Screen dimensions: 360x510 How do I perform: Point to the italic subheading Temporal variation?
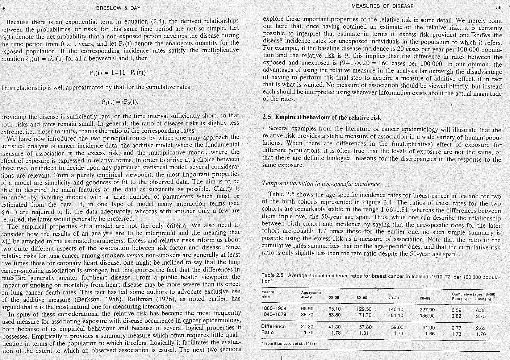[321, 183]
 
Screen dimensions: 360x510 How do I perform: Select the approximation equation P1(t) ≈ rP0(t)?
[120, 102]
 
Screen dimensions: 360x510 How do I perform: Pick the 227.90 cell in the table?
[427, 310]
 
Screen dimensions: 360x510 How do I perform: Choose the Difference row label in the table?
[273, 326]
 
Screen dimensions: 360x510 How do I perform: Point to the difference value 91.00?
[428, 327]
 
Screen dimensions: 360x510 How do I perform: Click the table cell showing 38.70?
[307, 315]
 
